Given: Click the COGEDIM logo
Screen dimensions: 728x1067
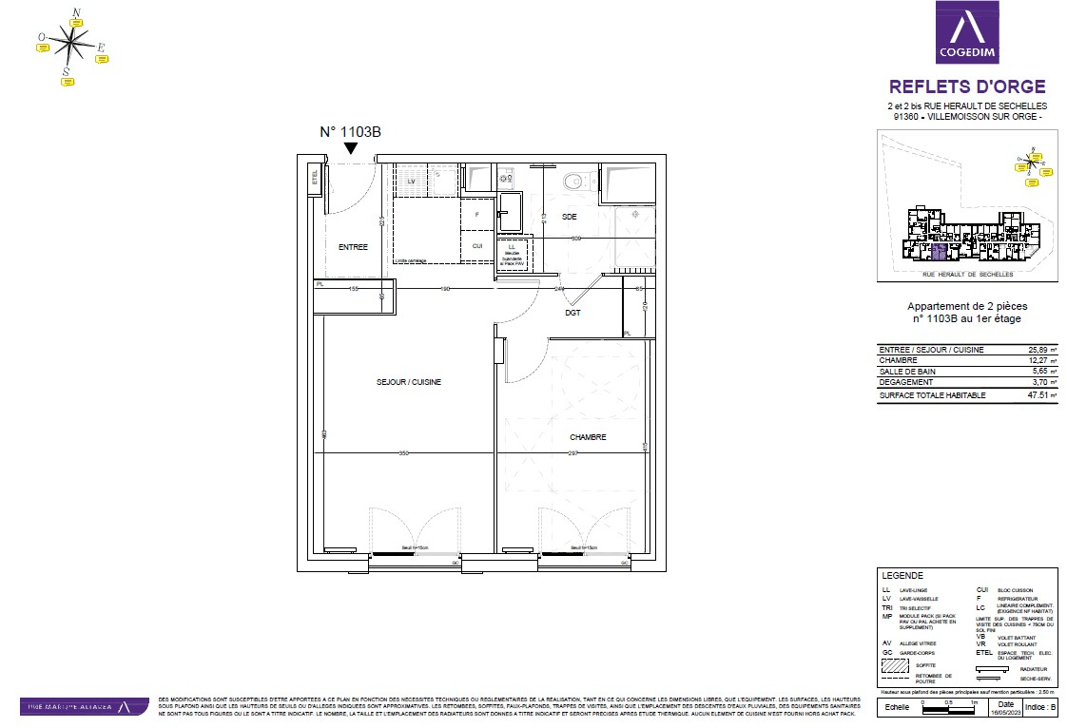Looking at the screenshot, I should point(967,32).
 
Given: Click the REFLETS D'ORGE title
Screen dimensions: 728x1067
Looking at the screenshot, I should point(966,86).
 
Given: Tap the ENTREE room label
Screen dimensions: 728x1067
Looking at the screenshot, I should point(352,247).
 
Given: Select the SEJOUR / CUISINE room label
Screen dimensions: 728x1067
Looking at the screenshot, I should point(408,382).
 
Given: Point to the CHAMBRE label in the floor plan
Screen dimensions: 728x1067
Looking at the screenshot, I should point(588,437).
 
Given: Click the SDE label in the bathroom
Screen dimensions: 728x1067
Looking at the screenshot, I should point(569,217).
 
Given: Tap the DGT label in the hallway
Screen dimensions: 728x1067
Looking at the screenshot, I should point(572,312).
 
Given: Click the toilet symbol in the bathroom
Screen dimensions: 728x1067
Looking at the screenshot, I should point(572,180).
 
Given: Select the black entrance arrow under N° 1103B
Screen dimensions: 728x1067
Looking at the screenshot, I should point(351,148).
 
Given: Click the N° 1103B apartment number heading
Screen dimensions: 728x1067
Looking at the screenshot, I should point(350,133).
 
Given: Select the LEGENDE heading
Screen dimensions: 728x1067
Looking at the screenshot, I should point(902,576).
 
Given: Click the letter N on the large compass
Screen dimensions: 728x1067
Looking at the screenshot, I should point(77,12).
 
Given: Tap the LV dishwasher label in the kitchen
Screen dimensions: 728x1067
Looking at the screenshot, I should point(412,180).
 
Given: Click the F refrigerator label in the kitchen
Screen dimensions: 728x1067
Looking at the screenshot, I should point(477,215).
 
